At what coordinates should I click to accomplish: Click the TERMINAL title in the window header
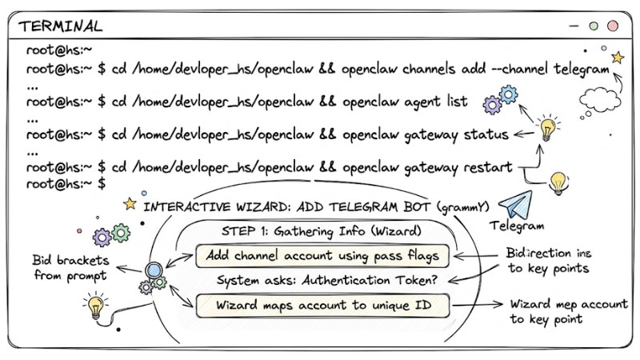[61, 26]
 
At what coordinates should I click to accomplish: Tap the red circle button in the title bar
[612, 26]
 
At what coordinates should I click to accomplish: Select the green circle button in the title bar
[593, 26]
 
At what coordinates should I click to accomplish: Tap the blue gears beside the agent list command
[502, 101]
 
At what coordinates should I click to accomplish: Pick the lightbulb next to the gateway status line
[548, 128]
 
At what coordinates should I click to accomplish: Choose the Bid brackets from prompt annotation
[68, 268]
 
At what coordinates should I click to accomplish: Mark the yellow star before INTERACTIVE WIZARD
[130, 204]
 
